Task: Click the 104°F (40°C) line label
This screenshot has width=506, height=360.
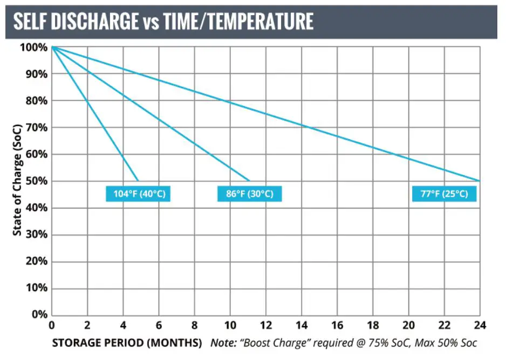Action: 138,193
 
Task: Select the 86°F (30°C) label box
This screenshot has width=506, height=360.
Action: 250,193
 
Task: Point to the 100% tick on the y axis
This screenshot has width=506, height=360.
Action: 34,47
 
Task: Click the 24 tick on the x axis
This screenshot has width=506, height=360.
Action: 479,325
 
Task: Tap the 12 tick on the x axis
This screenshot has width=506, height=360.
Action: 265,325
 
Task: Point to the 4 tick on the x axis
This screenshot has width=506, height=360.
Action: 123,325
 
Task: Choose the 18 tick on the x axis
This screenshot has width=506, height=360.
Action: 372,325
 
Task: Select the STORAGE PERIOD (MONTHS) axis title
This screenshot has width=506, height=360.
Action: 127,343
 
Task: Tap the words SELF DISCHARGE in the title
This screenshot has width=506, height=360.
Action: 76,22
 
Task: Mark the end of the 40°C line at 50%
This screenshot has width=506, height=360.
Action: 139,181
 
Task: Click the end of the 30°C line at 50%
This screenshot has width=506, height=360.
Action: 250,181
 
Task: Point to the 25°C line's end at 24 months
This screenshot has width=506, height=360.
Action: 479,181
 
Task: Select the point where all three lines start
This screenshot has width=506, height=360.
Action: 52,47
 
